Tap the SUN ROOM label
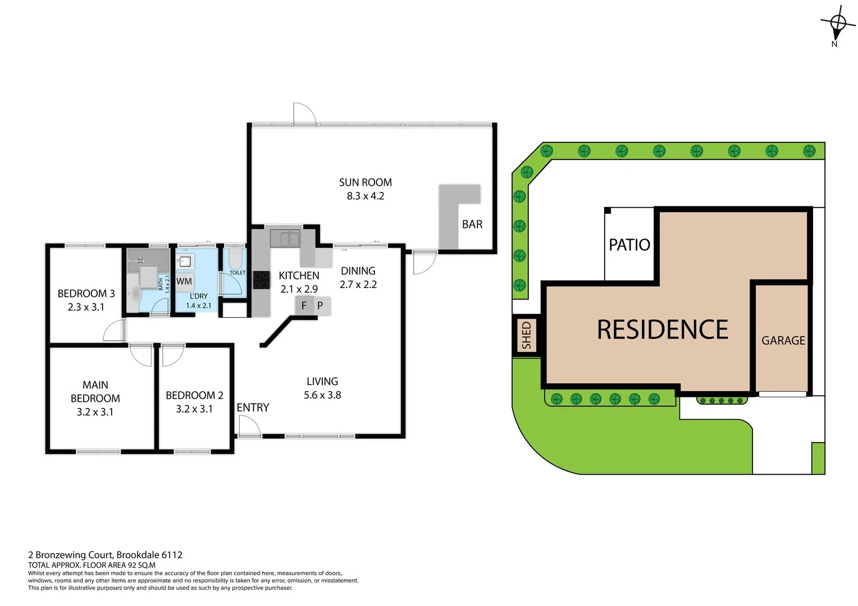pos(365,182)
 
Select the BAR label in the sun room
pos(472,224)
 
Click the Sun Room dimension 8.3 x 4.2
pos(365,196)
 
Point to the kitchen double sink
pos(285,238)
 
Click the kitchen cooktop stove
pos(261,279)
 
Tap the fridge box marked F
pos(304,306)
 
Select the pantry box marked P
pos(320,306)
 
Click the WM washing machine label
pos(184,282)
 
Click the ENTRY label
pos(253,408)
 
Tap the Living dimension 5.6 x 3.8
pos(322,395)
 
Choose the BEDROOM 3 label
pos(86,293)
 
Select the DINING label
pos(358,271)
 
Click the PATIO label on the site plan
pos(629,245)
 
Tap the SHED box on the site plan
pos(526,335)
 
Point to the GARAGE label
pos(783,341)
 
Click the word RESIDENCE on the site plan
pos(663,330)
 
